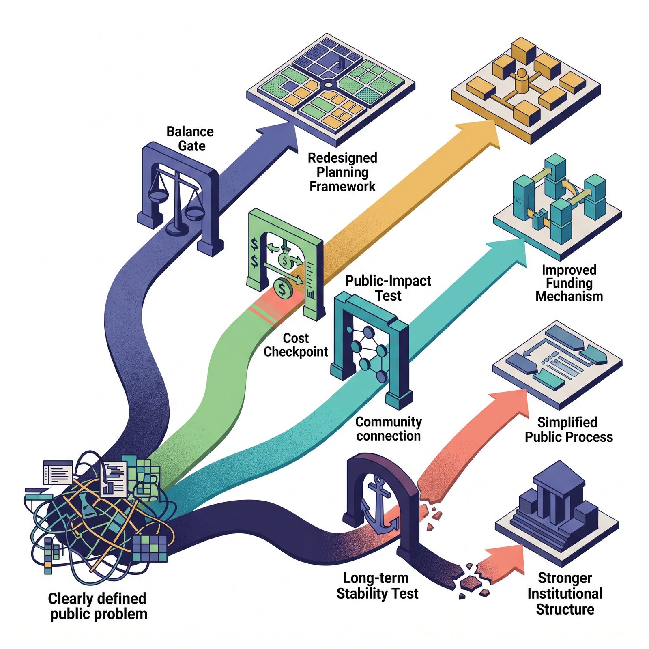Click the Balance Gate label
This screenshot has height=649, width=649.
190,139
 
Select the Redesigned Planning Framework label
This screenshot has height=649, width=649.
343,172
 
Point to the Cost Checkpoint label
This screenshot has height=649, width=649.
296,345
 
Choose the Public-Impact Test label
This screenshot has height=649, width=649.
388,288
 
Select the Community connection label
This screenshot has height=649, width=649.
389,429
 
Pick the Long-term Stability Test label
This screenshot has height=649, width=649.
377,586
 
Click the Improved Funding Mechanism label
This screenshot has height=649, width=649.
569,283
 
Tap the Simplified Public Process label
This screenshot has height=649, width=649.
569,430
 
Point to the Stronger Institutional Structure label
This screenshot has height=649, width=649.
565,593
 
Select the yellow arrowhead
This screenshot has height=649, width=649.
479,134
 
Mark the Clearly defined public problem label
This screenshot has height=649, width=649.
98,606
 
